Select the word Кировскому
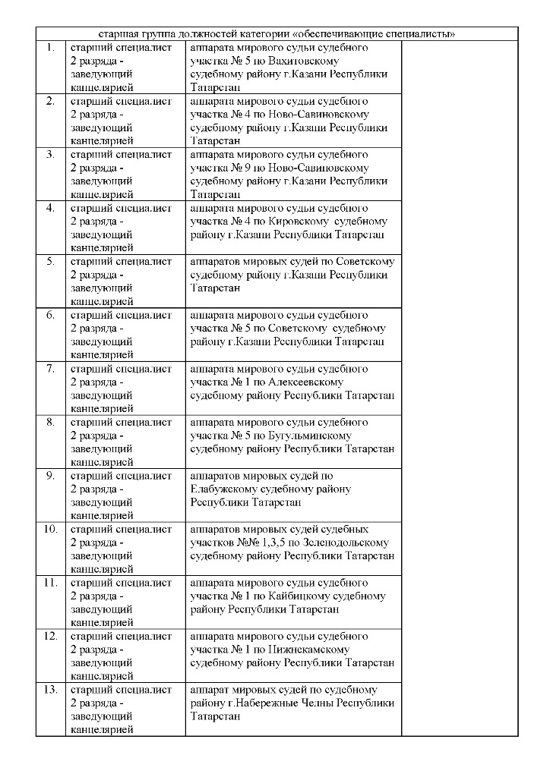298,222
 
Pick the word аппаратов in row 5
216,262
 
